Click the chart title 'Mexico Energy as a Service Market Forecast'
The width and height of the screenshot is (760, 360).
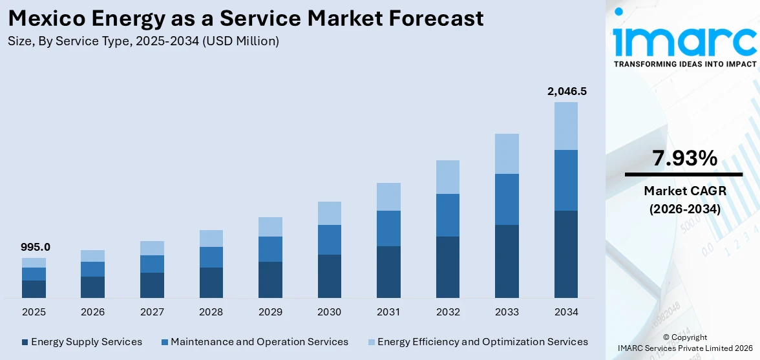click(246, 18)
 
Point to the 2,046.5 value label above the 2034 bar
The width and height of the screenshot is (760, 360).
click(566, 91)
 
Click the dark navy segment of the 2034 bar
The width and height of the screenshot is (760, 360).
click(566, 254)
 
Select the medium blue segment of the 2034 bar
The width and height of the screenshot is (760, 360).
click(566, 180)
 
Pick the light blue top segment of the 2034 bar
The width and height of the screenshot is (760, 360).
click(566, 126)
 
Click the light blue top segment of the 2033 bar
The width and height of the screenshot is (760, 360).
click(507, 154)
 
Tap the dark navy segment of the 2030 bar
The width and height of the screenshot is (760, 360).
click(329, 276)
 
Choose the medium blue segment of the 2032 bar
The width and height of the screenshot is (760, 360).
click(448, 215)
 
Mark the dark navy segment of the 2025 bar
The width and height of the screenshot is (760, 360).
click(34, 289)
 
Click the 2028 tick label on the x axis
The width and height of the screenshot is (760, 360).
click(211, 312)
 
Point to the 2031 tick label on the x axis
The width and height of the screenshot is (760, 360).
click(388, 312)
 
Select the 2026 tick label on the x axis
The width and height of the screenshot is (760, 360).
click(93, 312)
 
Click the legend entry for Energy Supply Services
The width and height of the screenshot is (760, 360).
click(81, 342)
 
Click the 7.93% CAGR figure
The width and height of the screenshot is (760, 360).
click(684, 158)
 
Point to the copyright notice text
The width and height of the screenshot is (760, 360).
click(684, 343)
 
